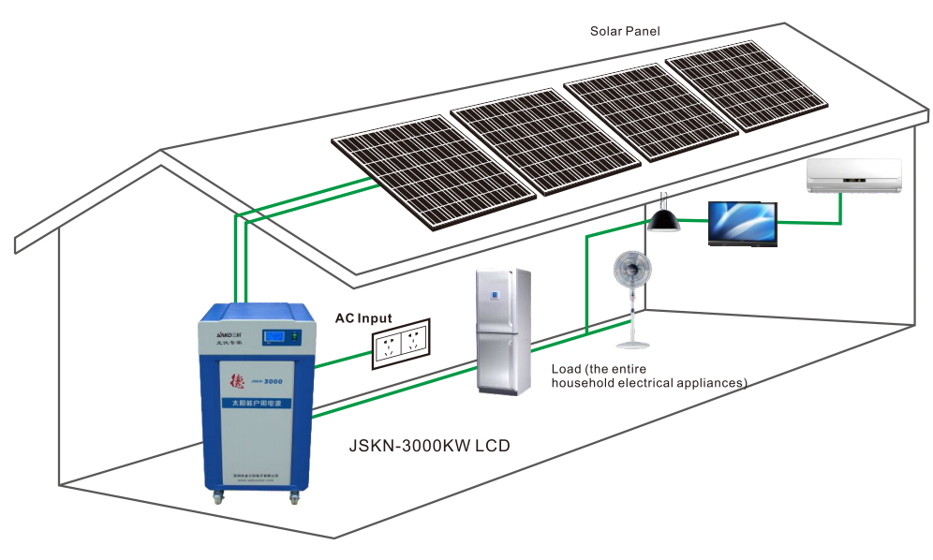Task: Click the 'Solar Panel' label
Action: [x=625, y=31]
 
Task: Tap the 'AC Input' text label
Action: [x=363, y=318]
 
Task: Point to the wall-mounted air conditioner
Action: [x=854, y=176]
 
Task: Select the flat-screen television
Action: [x=742, y=224]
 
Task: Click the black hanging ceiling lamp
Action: [x=663, y=218]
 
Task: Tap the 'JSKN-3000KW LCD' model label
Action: [x=429, y=446]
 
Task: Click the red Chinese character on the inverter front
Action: [x=236, y=381]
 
